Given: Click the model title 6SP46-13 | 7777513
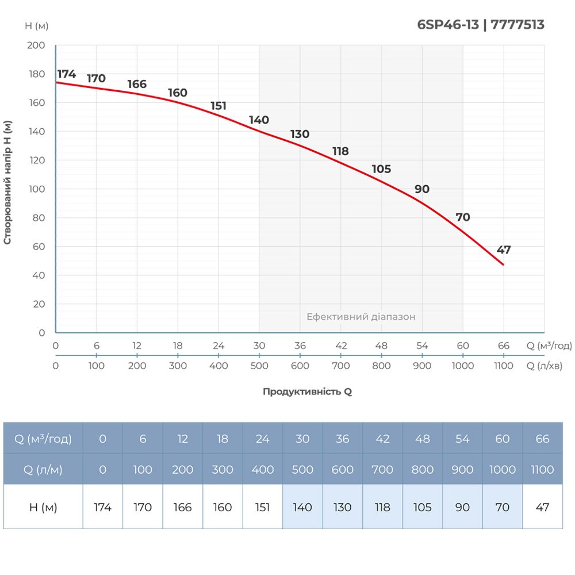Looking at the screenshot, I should [x=480, y=25].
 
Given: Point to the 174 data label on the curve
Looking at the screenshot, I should [x=67, y=74].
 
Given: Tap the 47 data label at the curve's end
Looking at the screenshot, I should [x=504, y=250].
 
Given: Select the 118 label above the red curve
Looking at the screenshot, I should [x=340, y=151].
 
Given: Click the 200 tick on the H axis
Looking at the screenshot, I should [x=36, y=45].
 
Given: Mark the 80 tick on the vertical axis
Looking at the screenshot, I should [x=38, y=218].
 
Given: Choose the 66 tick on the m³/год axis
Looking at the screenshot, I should [x=504, y=346].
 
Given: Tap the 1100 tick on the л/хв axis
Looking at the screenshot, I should [x=504, y=366].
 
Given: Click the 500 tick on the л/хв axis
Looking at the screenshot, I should [x=259, y=366].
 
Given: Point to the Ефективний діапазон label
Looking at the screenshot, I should [x=361, y=317].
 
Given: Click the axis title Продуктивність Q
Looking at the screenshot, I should [x=307, y=392].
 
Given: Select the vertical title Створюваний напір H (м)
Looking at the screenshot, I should [x=7, y=183].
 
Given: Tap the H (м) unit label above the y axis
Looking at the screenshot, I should [x=37, y=26].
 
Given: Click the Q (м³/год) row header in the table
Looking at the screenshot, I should [x=43, y=439].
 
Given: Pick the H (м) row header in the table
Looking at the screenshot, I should [x=43, y=507].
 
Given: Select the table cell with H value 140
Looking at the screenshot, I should [x=302, y=507].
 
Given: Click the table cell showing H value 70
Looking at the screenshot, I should [x=503, y=507].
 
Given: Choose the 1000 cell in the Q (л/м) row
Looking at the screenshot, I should [x=503, y=469].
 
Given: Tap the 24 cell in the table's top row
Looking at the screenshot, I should [x=262, y=439].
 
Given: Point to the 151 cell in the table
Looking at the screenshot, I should [x=262, y=507].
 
